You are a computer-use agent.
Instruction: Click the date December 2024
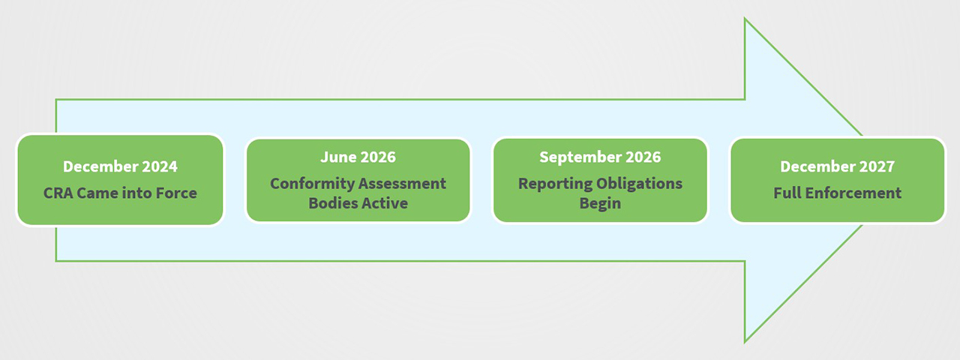[120, 166]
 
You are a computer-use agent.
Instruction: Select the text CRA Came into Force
[120, 193]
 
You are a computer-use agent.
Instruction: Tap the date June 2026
[358, 157]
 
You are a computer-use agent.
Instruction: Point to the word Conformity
[311, 184]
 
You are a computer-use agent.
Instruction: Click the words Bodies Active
[358, 203]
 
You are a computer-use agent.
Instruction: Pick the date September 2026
[600, 157]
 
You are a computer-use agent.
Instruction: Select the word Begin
[600, 203]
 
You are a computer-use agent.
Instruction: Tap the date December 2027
[838, 166]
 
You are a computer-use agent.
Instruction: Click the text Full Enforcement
[838, 193]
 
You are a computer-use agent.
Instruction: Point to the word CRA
[58, 193]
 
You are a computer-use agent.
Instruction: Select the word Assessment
[402, 184]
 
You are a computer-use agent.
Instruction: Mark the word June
[337, 157]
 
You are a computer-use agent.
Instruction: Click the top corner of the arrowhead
[745, 19]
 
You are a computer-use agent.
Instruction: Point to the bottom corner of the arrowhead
[745, 340]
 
